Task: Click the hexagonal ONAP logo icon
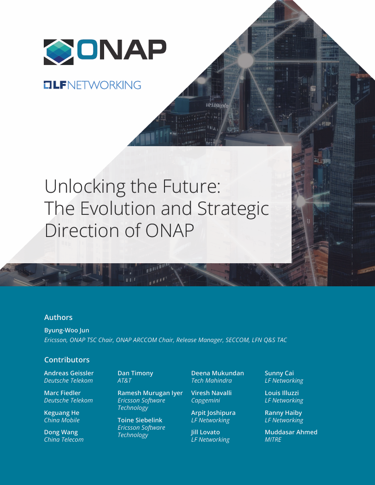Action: tap(59, 52)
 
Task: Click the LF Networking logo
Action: tap(92, 85)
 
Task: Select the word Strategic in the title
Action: tap(233, 208)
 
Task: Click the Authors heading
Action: tap(58, 317)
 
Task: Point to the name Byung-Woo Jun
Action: tap(66, 330)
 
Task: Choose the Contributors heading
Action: tap(67, 360)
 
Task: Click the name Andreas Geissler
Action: tap(69, 373)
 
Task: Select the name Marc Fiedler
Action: tap(62, 393)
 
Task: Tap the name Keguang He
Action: tap(61, 413)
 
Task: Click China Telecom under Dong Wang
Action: tap(64, 440)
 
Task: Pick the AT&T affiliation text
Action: tap(124, 381)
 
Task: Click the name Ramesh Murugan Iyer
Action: tap(150, 393)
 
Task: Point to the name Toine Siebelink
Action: tap(140, 420)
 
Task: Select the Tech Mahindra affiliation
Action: tap(211, 381)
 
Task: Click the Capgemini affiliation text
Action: tap(205, 401)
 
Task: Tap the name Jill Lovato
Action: tap(205, 432)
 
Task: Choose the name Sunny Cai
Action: tap(279, 373)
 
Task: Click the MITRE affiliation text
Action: tap(273, 440)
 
